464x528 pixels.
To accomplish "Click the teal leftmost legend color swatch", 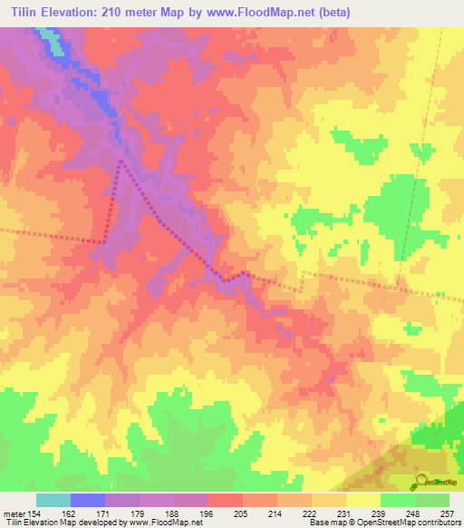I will pyautogui.click(x=53, y=500).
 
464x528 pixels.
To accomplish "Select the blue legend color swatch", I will pyautogui.click(x=88, y=500).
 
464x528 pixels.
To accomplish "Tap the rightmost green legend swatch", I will pyautogui.click(x=432, y=500).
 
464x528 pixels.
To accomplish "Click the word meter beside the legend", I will pyautogui.click(x=12, y=513).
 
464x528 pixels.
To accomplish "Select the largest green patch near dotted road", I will pyautogui.click(x=391, y=204).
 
